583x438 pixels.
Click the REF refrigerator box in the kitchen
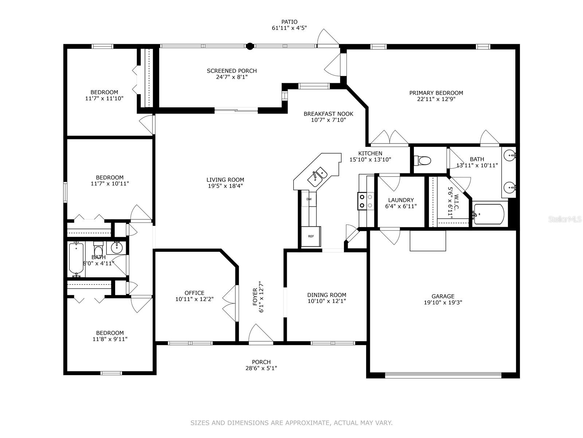tap(311, 236)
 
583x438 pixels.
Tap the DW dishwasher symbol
tap(309, 199)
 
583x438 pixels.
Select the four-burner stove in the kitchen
tap(366, 201)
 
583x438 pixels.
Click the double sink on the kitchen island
tap(318, 177)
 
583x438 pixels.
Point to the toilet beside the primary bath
tap(422, 160)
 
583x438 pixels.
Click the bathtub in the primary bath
tap(489, 214)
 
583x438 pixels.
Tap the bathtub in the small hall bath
tap(76, 259)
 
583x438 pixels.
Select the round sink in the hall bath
tap(117, 248)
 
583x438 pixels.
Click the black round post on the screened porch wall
tap(250, 46)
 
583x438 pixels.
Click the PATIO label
tap(289, 22)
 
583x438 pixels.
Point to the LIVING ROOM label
tap(225, 180)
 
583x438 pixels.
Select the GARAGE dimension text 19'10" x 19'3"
tap(443, 302)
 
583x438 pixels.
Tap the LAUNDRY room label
tap(401, 200)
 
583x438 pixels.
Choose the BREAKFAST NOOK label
tap(328, 114)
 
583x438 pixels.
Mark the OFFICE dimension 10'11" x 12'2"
tap(195, 299)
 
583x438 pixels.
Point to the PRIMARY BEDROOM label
tap(436, 93)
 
